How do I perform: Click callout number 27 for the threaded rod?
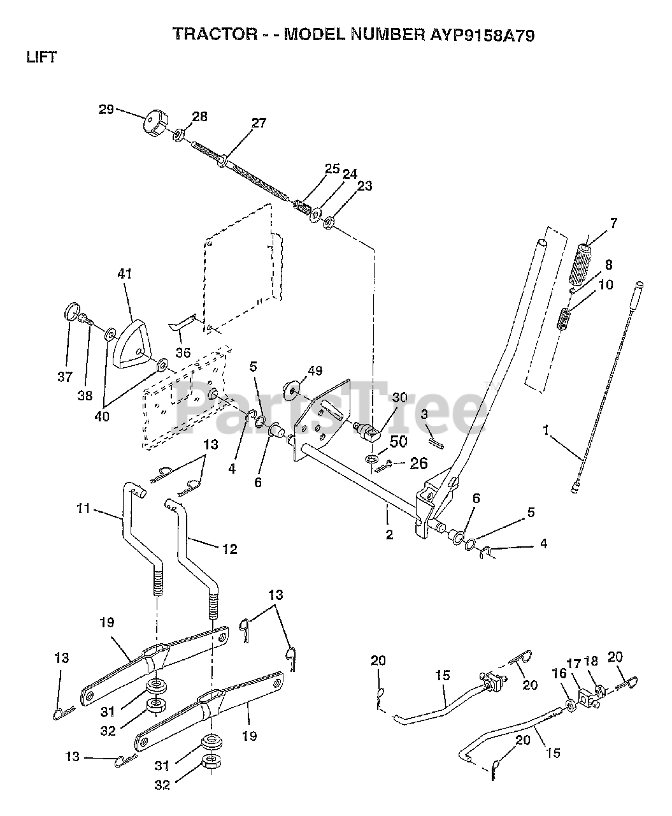(259, 123)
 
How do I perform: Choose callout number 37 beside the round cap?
(65, 377)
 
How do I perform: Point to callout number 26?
(418, 463)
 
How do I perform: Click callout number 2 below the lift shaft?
(389, 534)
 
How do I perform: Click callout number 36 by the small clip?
(183, 352)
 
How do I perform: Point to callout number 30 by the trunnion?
(399, 397)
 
